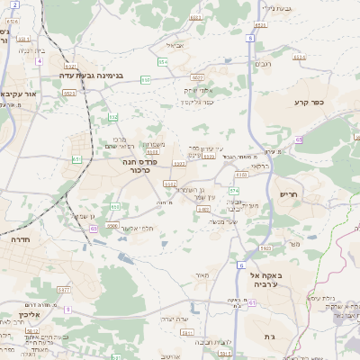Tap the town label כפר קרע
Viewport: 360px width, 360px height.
click(308, 102)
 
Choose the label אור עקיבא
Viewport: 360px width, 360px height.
click(20, 94)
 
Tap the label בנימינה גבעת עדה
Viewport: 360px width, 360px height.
click(94, 75)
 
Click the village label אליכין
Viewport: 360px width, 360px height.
click(13, 317)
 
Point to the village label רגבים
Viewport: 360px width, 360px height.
click(263, 64)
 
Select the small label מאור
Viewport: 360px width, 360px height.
click(200, 276)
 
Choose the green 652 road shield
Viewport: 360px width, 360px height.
click(113, 118)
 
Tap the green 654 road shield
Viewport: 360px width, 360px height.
click(163, 61)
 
